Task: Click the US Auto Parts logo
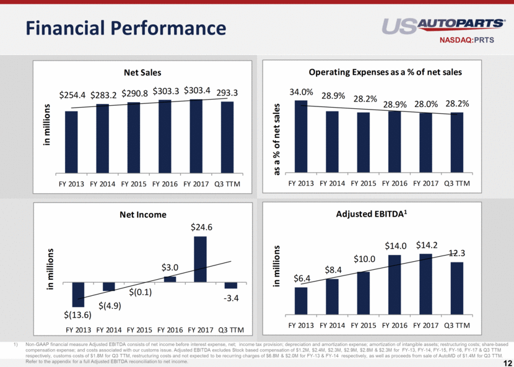tap(443, 25)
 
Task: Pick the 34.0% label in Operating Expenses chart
tap(301, 93)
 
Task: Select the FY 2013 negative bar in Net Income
tap(78, 294)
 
